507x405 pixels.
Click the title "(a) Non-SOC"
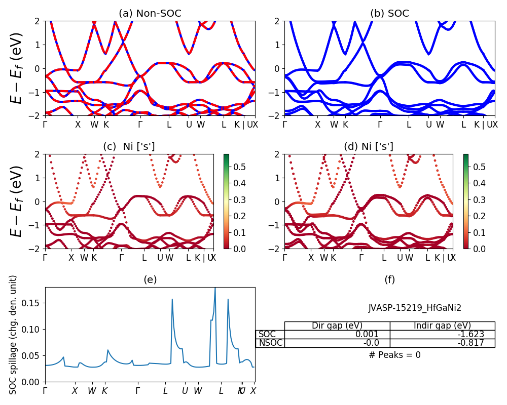coord(150,14)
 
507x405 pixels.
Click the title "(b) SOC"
coord(389,14)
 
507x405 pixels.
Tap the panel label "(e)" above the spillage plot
coord(150,279)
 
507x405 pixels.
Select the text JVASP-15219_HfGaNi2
coord(415,308)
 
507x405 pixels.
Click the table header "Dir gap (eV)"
coord(337,326)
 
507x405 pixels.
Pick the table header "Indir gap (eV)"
coord(442,326)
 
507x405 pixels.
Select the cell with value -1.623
coord(469,334)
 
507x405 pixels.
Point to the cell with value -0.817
coord(469,343)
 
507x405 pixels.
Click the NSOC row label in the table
coord(270,343)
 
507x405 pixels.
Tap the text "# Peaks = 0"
coord(394,355)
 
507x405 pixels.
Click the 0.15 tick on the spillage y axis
coord(34,303)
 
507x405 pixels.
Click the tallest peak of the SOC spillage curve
coord(215,289)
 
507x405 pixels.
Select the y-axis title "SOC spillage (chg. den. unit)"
coord(14,334)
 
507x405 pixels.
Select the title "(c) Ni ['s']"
coord(129,147)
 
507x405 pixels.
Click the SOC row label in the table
coord(267,334)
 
